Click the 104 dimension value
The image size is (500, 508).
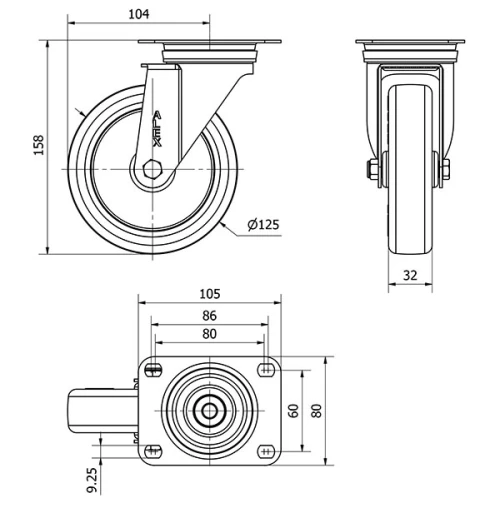[x=140, y=13]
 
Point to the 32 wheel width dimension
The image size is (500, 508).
[x=410, y=276]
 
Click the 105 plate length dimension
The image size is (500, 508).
[x=210, y=294]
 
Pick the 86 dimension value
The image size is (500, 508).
[x=210, y=315]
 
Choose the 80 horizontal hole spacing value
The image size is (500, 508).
[x=210, y=334]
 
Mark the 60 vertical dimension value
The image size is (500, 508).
[x=294, y=410]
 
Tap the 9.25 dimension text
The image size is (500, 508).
[x=92, y=479]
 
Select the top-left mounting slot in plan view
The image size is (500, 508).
[x=152, y=371]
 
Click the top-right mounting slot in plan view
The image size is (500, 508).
[x=266, y=371]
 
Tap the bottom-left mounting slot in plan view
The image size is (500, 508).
[x=152, y=449]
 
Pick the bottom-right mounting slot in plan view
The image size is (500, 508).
[x=266, y=449]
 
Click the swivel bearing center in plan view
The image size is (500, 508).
[x=209, y=410]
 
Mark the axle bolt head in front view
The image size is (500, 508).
[x=372, y=171]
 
